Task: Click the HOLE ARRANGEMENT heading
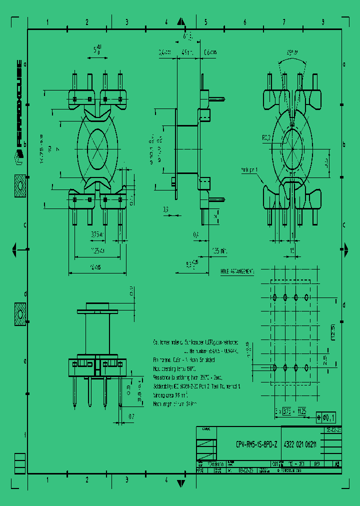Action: pyautogui.click(x=237, y=271)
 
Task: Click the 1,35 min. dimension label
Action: pyautogui.click(x=219, y=249)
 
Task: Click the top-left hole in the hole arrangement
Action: pyautogui.click(x=274, y=297)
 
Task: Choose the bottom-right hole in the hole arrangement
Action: pyautogui.click(x=306, y=367)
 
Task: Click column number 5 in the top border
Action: pyautogui.click(x=205, y=22)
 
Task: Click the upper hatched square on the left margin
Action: pyautogui.click(x=20, y=186)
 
